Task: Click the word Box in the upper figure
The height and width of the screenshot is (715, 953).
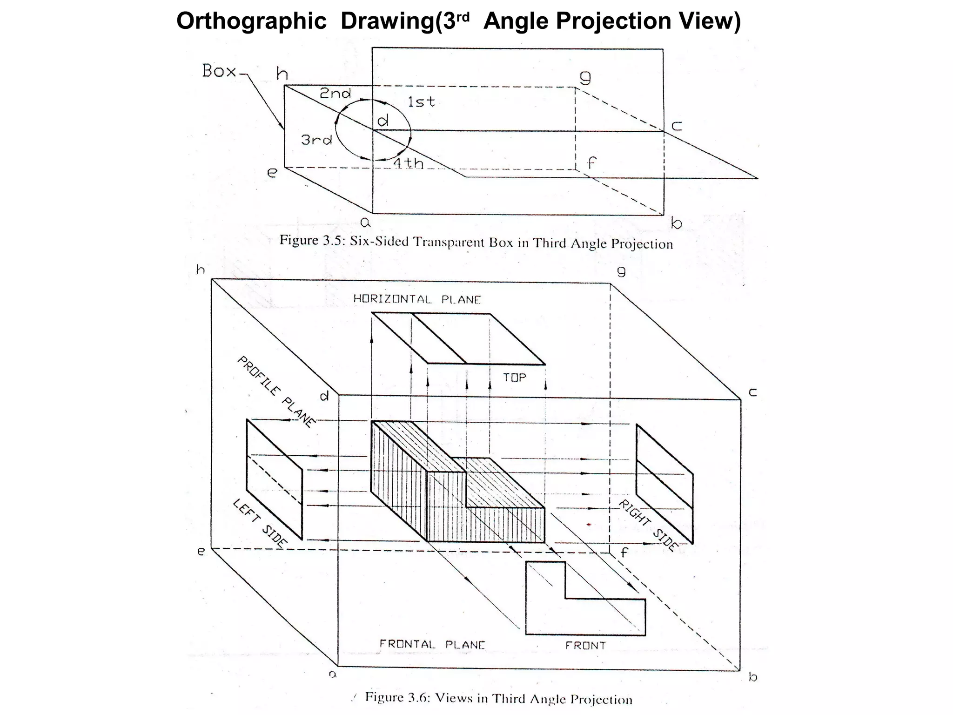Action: (x=219, y=71)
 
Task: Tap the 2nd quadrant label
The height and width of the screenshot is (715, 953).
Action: (x=335, y=94)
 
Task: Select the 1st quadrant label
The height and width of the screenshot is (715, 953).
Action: (x=421, y=101)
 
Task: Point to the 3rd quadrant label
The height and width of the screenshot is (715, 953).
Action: (x=316, y=140)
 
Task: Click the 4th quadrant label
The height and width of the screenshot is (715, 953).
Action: (x=409, y=163)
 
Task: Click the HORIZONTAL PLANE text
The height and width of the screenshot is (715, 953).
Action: (x=417, y=299)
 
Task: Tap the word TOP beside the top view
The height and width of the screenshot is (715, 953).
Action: (x=514, y=378)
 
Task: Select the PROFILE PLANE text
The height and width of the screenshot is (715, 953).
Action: (x=276, y=392)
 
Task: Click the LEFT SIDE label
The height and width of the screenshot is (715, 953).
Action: (x=260, y=523)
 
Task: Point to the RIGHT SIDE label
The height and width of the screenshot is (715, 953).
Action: (x=647, y=526)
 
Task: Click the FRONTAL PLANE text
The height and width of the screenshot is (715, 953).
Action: (x=432, y=645)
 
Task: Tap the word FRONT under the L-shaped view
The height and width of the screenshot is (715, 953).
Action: (x=585, y=646)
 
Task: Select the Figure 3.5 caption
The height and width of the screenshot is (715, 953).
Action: (x=476, y=243)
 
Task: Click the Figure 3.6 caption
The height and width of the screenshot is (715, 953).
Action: (x=498, y=699)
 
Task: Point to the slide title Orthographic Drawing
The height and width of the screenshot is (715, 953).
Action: (x=458, y=21)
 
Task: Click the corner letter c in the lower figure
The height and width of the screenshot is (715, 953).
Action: (x=752, y=392)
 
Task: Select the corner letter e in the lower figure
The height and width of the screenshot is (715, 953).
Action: (x=201, y=552)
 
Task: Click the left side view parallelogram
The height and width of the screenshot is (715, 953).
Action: (x=274, y=479)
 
